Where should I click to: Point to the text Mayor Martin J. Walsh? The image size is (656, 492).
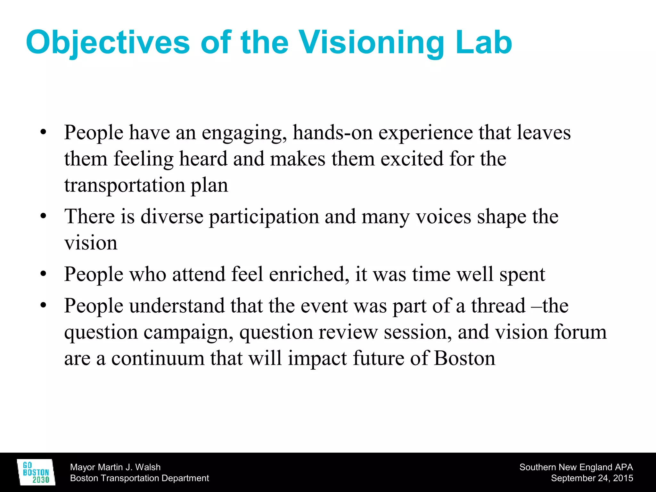coord(115,467)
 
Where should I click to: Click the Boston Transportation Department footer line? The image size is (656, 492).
coord(139,478)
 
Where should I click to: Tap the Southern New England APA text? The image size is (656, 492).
coord(576,467)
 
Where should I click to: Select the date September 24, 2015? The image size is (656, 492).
coord(592,478)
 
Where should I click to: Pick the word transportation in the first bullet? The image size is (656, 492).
coord(125,185)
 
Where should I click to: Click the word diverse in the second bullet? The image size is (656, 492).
coord(172,217)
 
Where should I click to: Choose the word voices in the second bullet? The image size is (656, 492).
coord(443,217)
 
